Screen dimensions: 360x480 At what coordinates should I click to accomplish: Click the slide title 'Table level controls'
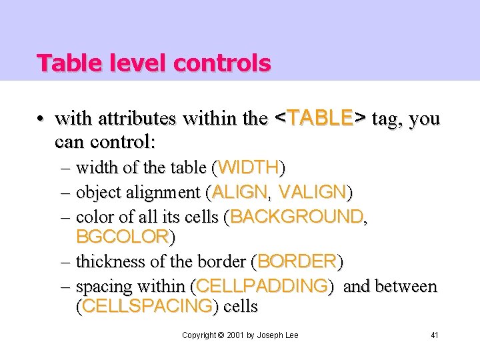(x=153, y=63)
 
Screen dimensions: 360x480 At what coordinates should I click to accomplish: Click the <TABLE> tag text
(x=320, y=119)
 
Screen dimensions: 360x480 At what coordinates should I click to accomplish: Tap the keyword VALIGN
(x=312, y=192)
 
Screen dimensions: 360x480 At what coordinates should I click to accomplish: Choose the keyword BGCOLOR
(x=122, y=237)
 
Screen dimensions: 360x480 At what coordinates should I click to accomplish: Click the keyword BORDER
(x=297, y=261)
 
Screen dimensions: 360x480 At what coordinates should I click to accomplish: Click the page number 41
(x=435, y=335)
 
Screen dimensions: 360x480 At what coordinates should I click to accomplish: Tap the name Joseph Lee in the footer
(x=277, y=335)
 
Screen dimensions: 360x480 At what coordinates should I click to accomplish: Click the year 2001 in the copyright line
(x=234, y=335)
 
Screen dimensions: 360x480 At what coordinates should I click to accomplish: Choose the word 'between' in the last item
(x=406, y=286)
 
